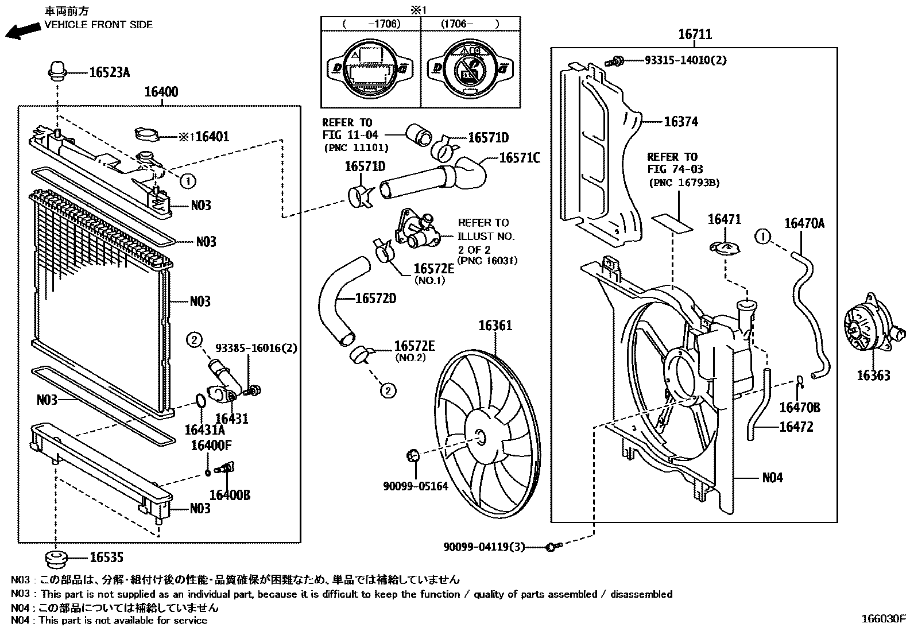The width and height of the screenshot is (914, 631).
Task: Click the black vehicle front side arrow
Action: click(21, 31)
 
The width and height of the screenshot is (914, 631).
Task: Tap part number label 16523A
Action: click(109, 72)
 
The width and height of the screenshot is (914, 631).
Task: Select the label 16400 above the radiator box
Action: click(161, 92)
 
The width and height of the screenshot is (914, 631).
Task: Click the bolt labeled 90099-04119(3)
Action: click(551, 547)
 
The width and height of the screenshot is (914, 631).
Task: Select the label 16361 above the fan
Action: click(495, 326)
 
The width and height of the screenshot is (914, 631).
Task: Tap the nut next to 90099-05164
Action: click(412, 456)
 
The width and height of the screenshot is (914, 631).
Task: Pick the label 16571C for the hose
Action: click(519, 157)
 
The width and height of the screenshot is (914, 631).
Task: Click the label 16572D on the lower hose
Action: click(375, 298)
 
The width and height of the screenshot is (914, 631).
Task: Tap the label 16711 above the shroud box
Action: click(695, 34)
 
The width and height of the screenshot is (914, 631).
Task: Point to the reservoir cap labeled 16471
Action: click(725, 247)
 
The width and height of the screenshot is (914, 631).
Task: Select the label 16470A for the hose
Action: click(804, 223)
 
